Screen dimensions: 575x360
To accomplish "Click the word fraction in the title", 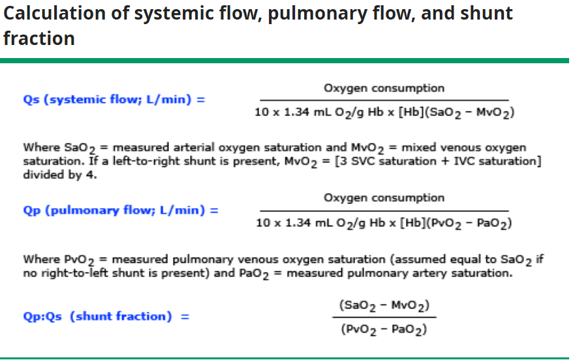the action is (39, 38).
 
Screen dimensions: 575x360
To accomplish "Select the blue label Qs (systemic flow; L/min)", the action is (114, 100).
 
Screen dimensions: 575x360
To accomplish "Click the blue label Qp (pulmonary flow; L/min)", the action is (120, 211).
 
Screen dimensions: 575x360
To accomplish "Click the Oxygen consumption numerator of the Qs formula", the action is (384, 88).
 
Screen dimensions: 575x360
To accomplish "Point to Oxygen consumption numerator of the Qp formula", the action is (384, 198).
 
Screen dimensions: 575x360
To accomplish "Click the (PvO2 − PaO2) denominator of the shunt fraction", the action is (384, 329).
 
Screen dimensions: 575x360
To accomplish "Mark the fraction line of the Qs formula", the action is (384, 100).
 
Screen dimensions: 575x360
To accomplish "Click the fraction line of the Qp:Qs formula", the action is (384, 318).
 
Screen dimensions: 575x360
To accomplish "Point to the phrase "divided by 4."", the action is (60, 175).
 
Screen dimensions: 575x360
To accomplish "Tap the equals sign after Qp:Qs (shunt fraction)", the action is (185, 317).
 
